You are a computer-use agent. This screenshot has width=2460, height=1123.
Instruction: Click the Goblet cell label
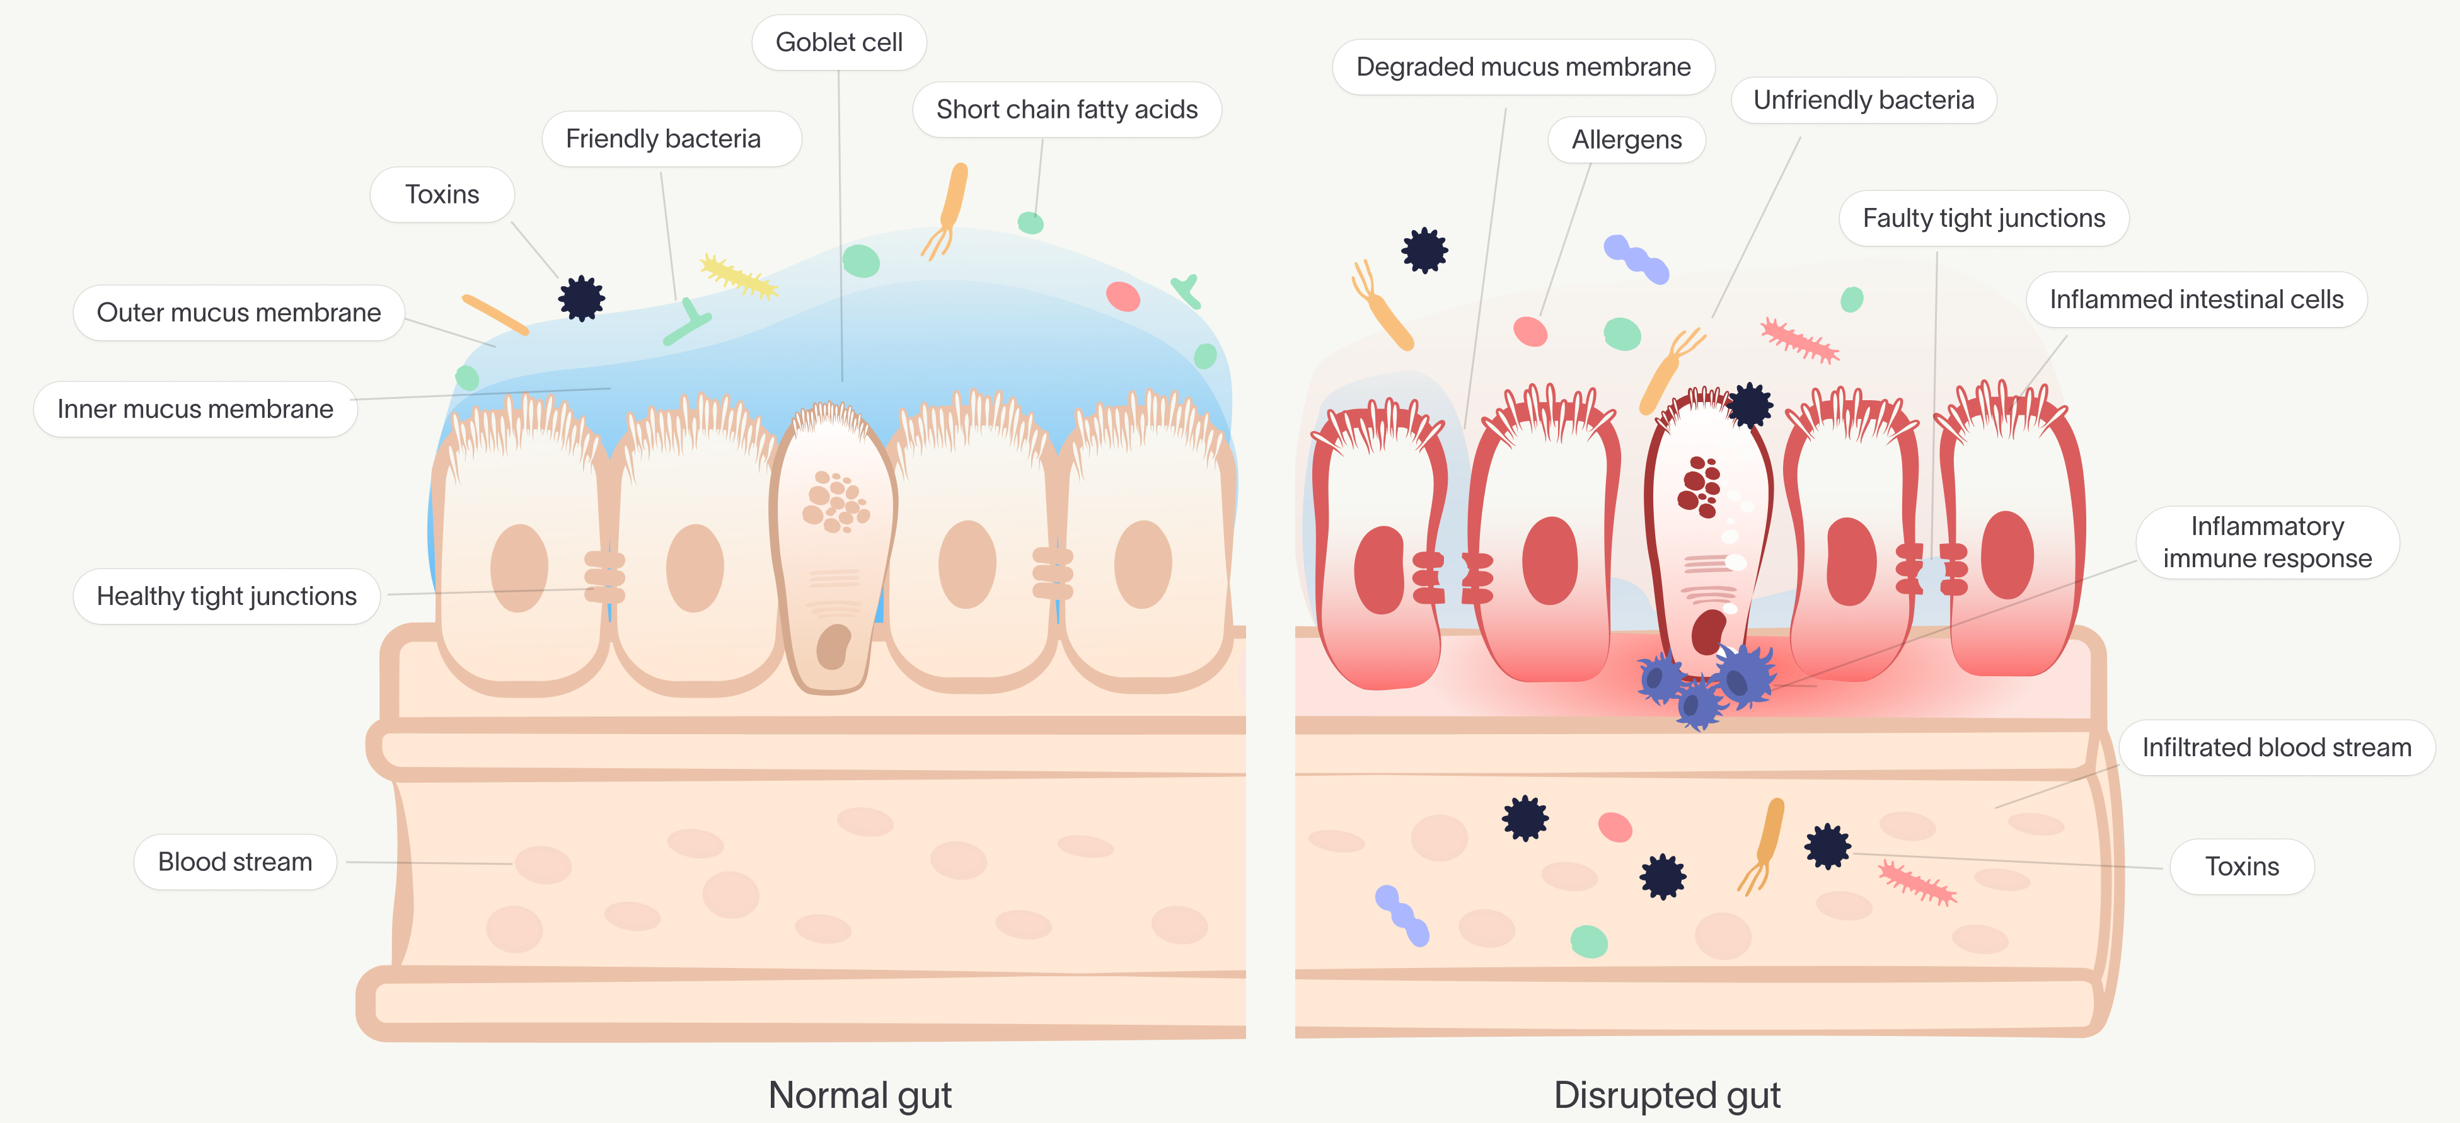838,43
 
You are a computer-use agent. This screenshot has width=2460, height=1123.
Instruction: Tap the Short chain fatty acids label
1066,110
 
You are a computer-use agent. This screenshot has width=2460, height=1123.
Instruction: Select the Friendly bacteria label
663,139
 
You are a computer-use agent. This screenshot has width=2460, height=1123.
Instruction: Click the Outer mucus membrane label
239,313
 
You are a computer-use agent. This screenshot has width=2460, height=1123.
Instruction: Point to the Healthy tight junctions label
226,597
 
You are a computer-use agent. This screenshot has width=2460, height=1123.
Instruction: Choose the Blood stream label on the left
235,862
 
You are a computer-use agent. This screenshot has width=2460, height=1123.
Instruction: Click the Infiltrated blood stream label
2276,747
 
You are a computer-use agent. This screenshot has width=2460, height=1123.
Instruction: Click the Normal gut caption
860,1095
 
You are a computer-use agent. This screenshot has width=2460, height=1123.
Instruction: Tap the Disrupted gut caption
1666,1095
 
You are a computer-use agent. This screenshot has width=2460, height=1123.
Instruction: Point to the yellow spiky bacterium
738,277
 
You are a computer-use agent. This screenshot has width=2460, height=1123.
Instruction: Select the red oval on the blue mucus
1123,296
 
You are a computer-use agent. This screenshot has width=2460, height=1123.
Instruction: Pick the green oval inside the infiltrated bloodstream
1589,942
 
